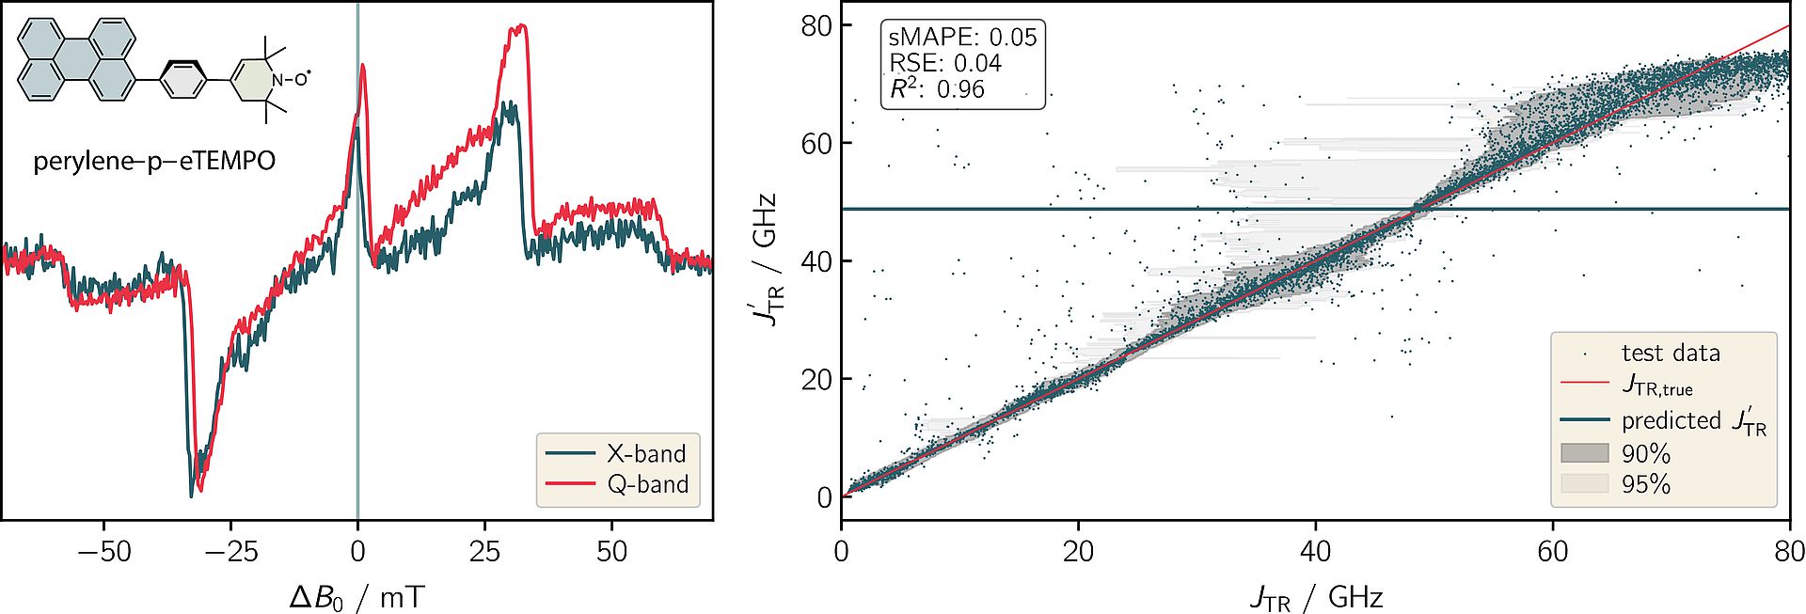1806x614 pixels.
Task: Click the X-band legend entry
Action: (645, 453)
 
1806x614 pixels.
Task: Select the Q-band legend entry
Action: (647, 484)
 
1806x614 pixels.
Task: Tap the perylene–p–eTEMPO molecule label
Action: (154, 162)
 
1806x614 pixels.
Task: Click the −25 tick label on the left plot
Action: (230, 551)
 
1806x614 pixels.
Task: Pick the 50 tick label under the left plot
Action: (611, 551)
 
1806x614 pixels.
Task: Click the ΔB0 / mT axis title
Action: (356, 596)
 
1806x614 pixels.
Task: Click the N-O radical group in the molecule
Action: (290, 79)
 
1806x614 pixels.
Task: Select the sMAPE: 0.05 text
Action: (961, 38)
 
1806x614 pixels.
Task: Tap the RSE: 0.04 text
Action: (944, 63)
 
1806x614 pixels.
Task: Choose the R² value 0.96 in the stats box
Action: (960, 89)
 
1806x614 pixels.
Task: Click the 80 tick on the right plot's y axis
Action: (816, 25)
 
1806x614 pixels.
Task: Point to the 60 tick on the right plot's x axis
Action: (1552, 551)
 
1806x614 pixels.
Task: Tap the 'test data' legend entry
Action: (1671, 354)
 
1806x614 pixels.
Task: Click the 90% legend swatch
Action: (1585, 453)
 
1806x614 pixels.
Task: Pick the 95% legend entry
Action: (1645, 484)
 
